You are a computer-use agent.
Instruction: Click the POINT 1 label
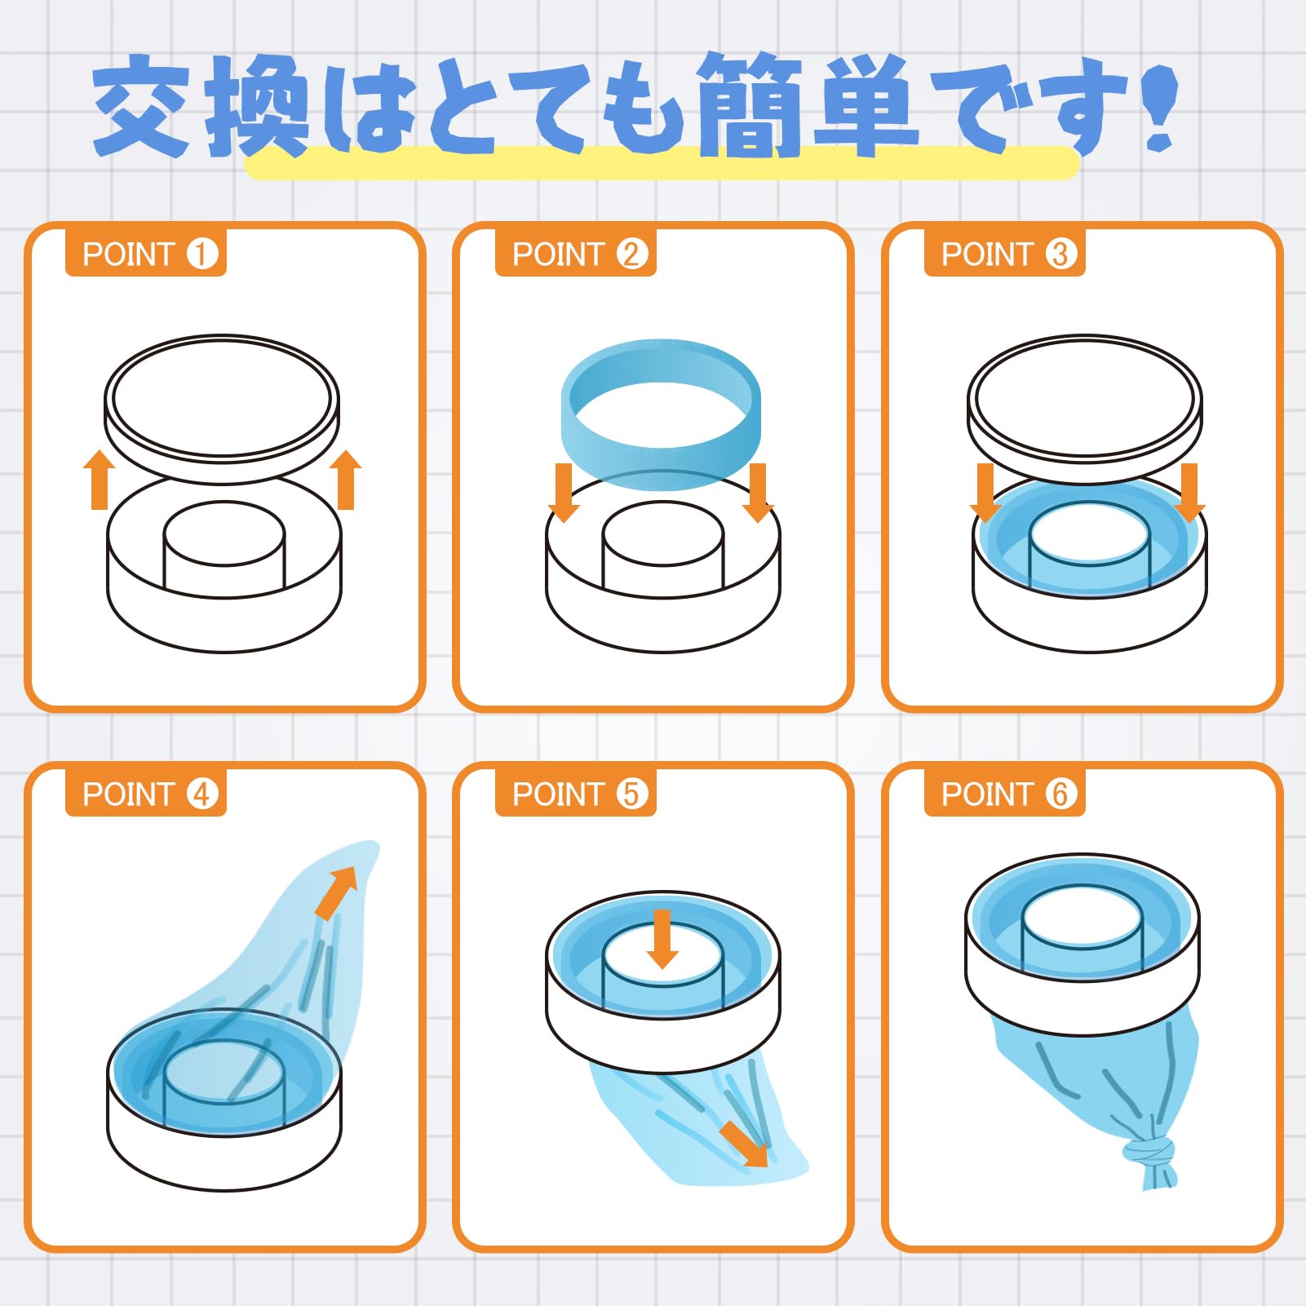(x=146, y=254)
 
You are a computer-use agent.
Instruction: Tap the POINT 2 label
(x=576, y=254)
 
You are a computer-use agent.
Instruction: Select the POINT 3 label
(x=1005, y=254)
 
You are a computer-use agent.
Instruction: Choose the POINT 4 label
(x=146, y=794)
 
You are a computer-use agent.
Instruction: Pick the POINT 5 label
(x=576, y=794)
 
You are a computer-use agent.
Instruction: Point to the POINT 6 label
(x=1005, y=794)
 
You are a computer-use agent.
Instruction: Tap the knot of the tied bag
(x=1149, y=1151)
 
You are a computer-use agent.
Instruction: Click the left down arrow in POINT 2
(x=564, y=493)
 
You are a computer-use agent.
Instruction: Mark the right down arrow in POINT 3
(x=1190, y=493)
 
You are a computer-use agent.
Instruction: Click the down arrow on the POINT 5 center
(x=662, y=939)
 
